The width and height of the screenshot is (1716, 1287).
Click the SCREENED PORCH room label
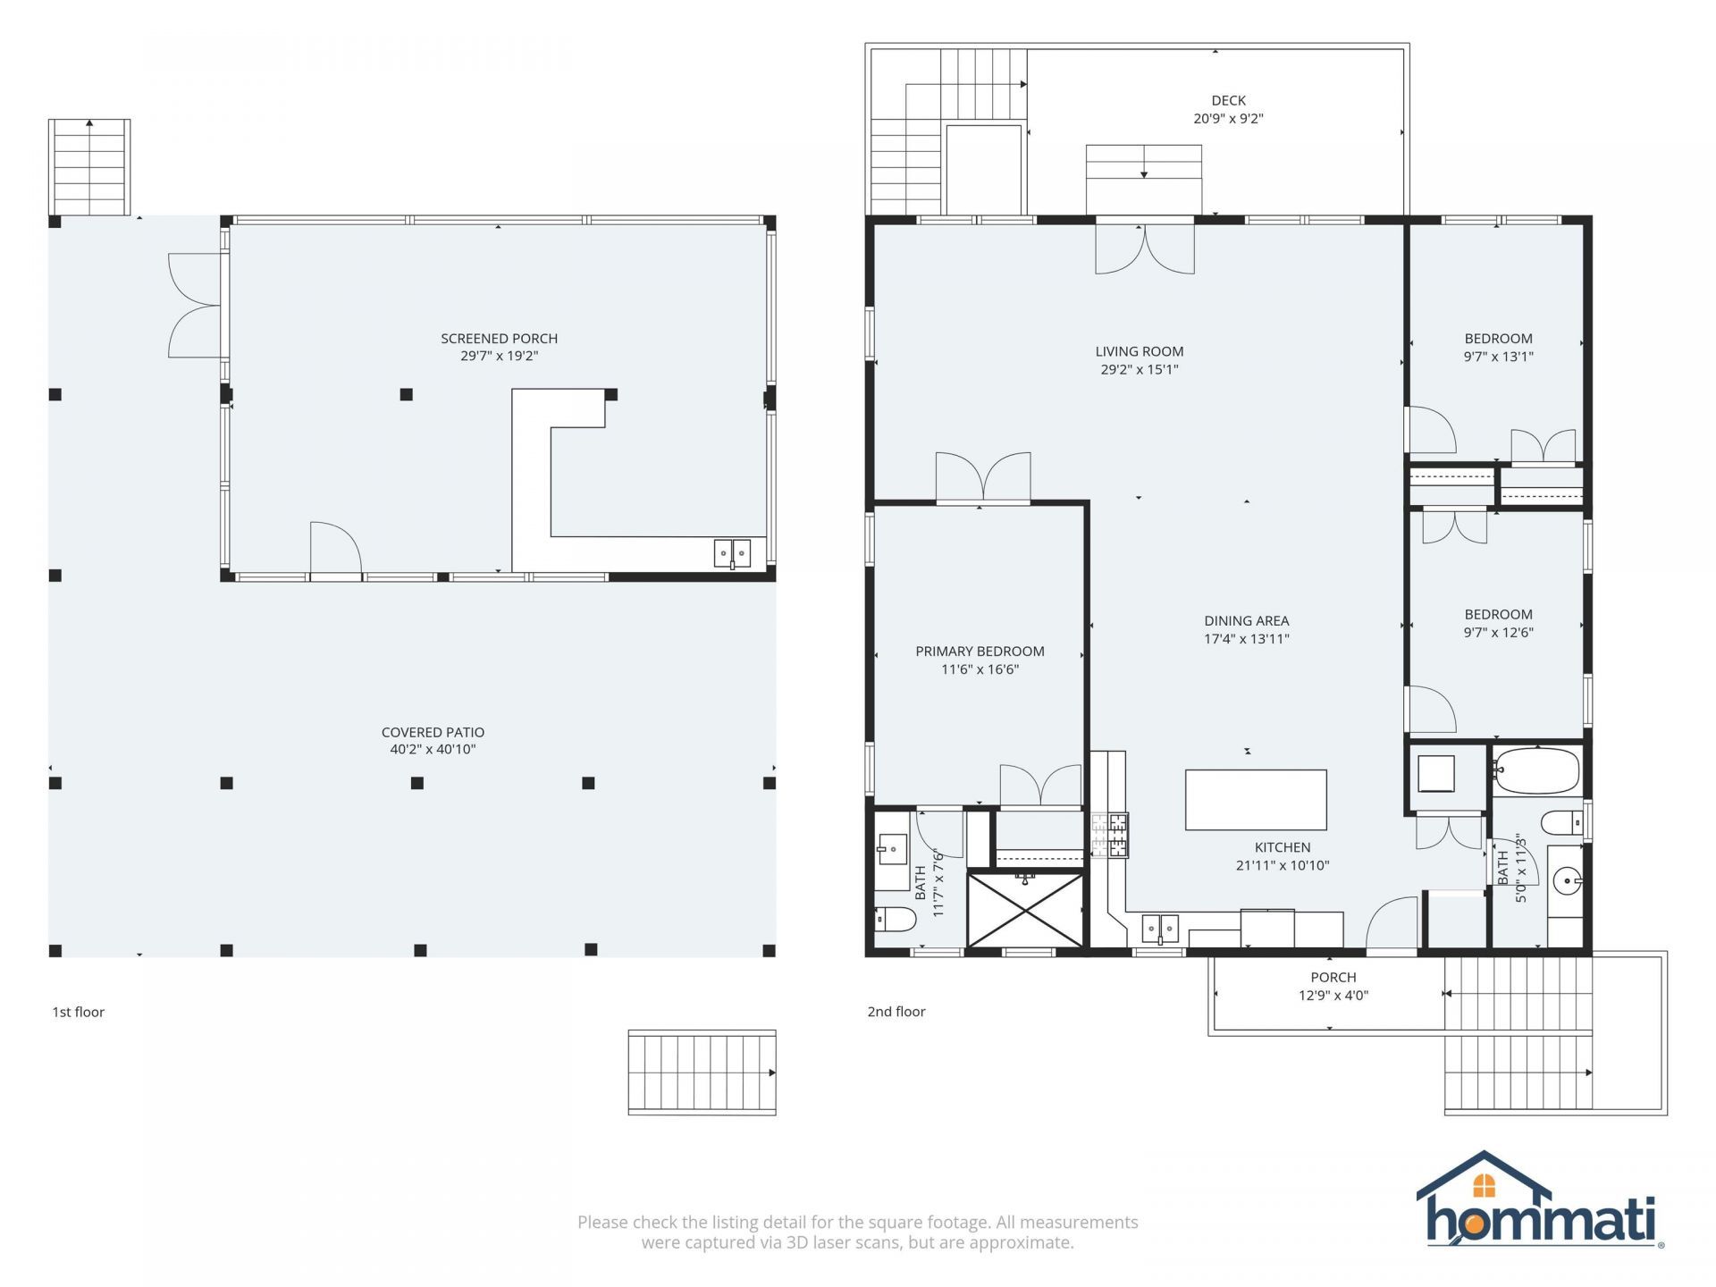499,339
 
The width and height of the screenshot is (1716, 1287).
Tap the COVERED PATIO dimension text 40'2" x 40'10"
433,750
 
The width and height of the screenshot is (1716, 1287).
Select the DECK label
1228,101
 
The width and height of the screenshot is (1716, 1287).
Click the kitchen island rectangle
1256,800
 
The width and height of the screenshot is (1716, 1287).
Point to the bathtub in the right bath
1536,771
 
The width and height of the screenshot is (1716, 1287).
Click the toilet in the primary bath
895,919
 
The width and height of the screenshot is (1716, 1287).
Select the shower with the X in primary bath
1025,910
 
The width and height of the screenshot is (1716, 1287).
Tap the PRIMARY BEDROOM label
980,652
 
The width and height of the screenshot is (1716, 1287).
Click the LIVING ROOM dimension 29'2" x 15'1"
1140,370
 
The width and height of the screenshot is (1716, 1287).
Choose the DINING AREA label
1246,621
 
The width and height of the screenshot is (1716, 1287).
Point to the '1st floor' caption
79,1012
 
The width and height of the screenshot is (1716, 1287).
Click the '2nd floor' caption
896,1012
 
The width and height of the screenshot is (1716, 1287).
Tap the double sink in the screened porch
732,554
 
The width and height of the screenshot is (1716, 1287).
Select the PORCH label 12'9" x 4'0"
1333,987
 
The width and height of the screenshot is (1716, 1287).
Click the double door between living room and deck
1145,247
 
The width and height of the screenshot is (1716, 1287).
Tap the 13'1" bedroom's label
1498,339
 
